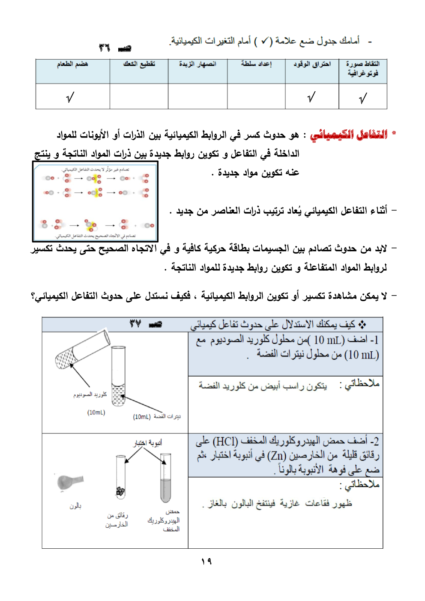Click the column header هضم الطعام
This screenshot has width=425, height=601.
[x=72, y=64]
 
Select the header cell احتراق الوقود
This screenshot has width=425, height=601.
[x=312, y=64]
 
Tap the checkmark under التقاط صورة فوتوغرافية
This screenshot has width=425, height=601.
[x=363, y=99]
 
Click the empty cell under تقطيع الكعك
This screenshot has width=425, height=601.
[x=139, y=96]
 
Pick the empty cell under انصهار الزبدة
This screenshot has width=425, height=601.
[x=198, y=96]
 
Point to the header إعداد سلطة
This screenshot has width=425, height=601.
[x=256, y=64]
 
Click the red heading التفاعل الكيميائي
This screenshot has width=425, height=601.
[x=348, y=135]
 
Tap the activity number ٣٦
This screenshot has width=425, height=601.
[x=104, y=48]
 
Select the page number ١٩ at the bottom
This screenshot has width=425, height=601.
[x=207, y=561]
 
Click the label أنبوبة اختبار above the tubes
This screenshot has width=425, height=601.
[x=148, y=443]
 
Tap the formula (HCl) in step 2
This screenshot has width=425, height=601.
[x=225, y=441]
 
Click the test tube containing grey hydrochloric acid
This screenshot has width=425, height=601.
[x=165, y=478]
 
